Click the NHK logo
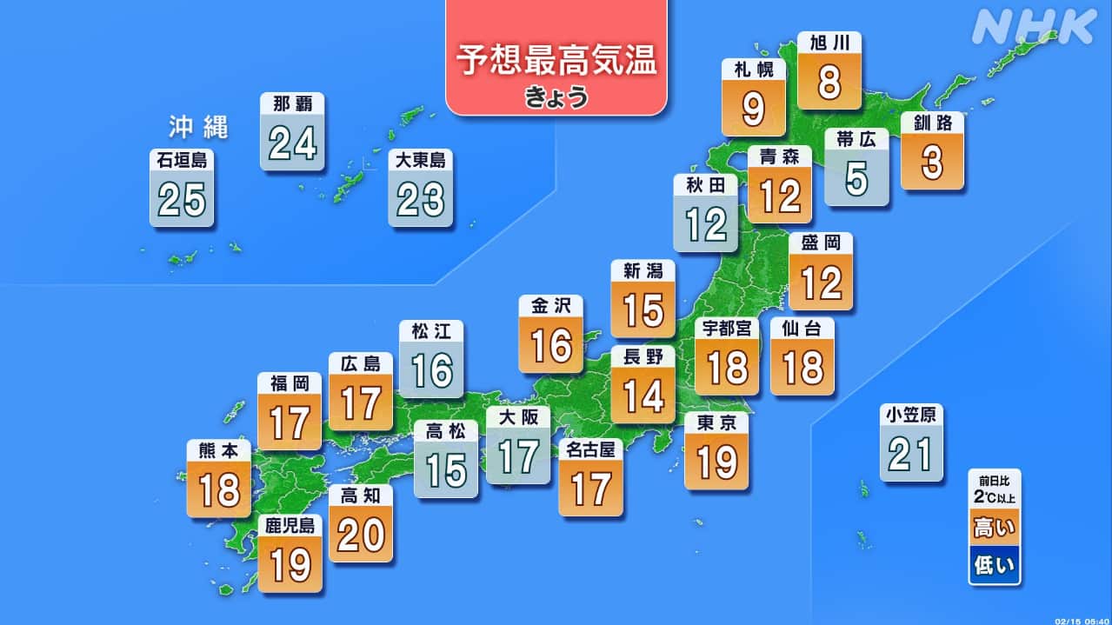point(1034,27)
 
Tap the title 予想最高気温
point(556,63)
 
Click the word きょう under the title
point(556,97)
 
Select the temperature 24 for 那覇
point(292,143)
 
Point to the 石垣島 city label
point(182,160)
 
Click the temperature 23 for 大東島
point(421,201)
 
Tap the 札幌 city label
point(754,70)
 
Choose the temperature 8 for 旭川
point(829,83)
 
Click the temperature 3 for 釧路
point(933,163)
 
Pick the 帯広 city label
point(856,139)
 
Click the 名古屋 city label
point(590,449)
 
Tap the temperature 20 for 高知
point(361,535)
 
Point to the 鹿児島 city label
point(290,525)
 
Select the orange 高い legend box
point(995,527)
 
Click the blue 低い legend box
point(995,566)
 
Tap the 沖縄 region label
point(198,129)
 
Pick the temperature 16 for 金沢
point(551,347)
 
